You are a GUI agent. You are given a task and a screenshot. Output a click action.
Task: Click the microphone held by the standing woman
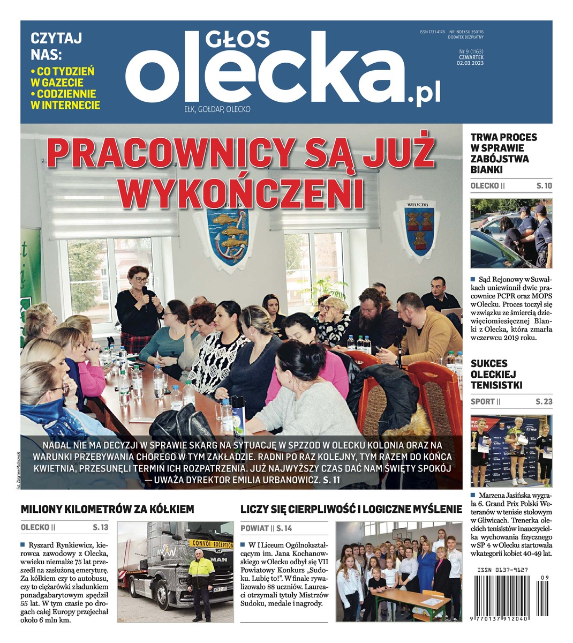145,293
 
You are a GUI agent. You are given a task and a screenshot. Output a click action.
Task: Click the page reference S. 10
544,186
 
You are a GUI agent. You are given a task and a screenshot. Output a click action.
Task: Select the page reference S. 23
544,402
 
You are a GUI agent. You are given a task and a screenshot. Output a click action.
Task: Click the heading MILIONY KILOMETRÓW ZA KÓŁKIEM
107,509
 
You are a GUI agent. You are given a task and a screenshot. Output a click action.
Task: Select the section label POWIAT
254,528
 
